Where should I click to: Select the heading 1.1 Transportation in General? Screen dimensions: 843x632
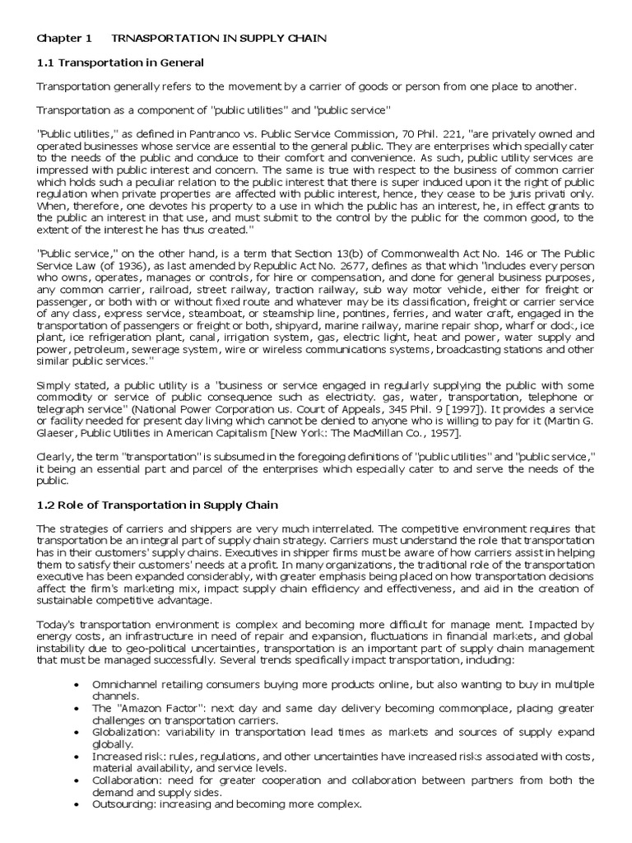point(120,63)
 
